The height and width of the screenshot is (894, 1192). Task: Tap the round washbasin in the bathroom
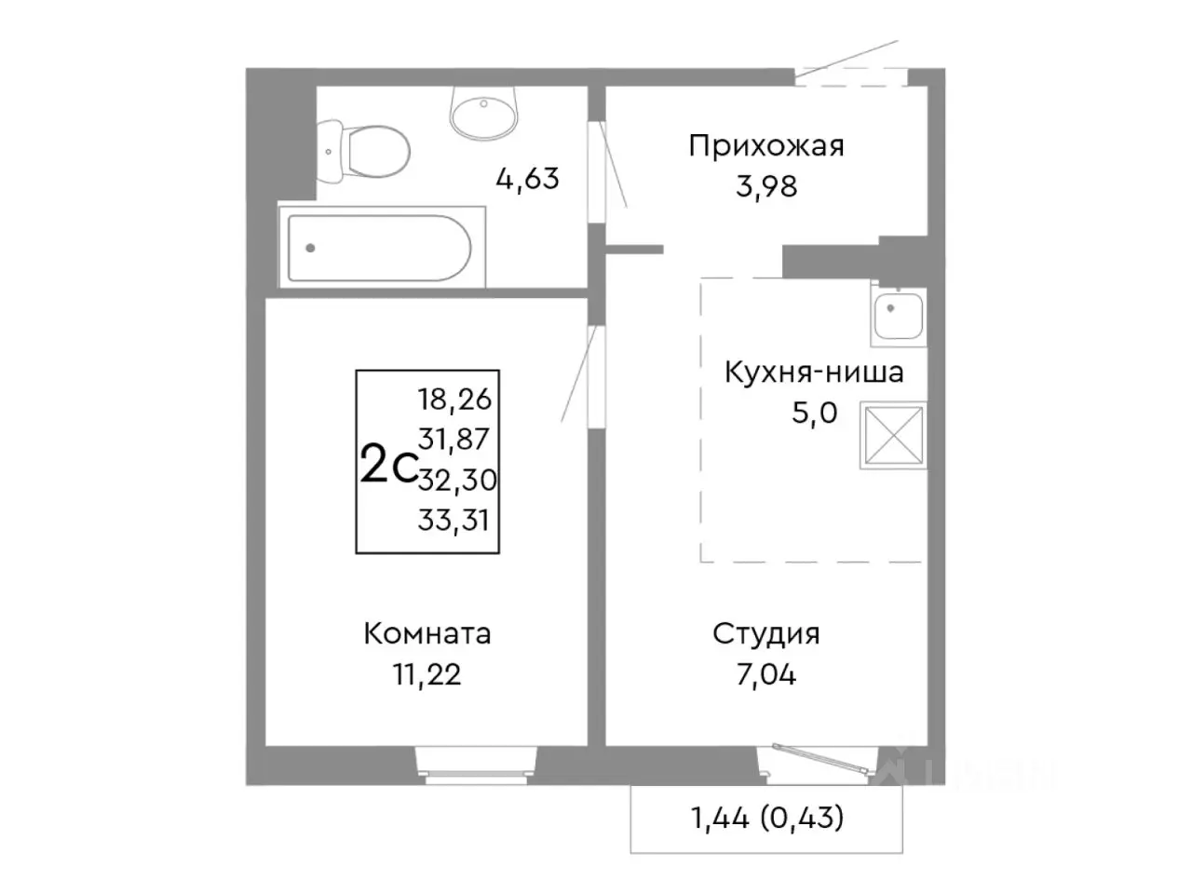(x=483, y=113)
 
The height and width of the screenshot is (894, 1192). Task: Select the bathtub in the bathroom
(x=382, y=248)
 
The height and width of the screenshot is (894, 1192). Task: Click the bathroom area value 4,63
(x=527, y=178)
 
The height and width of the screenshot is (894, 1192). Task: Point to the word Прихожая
(x=765, y=146)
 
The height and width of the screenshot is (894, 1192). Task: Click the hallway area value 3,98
(x=765, y=186)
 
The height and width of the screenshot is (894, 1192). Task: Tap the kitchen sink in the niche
(x=898, y=313)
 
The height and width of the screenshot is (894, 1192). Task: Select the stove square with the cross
(x=893, y=434)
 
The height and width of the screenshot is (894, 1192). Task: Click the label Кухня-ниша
(x=813, y=372)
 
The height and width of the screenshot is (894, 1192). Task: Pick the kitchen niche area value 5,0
(x=814, y=413)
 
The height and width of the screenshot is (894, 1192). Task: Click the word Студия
(x=765, y=634)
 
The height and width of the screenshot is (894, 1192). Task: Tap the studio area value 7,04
(x=765, y=674)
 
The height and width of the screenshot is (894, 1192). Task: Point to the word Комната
(x=427, y=634)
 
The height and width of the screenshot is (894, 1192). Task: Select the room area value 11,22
(x=427, y=674)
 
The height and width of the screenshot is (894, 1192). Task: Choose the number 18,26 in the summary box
(x=454, y=400)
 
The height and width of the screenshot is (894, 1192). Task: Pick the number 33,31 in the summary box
(x=454, y=520)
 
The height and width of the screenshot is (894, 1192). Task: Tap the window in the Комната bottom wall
(x=476, y=762)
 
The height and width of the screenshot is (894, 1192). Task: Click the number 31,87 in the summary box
(x=454, y=439)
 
